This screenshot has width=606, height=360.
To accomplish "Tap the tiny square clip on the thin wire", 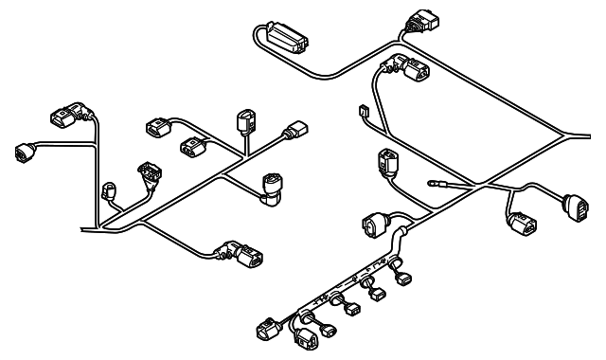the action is tap(364, 112).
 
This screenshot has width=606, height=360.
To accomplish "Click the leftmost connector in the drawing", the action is tap(24, 149).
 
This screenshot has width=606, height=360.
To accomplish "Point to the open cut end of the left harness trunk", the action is tap(83, 229).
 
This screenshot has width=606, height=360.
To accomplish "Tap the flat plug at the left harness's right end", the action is tap(299, 131).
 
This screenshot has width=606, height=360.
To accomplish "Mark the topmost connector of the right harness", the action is tap(417, 21).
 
